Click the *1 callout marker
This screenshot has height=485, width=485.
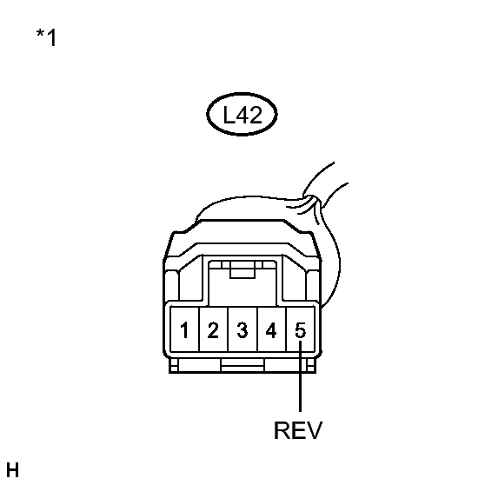click(x=46, y=37)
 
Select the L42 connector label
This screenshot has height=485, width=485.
click(x=242, y=115)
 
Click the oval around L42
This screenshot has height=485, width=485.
click(x=242, y=93)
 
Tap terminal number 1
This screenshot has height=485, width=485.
click(x=184, y=330)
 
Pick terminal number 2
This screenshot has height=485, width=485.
click(x=213, y=330)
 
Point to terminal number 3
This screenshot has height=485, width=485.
click(x=242, y=330)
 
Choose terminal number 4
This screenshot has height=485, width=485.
click(x=271, y=330)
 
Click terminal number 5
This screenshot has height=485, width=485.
click(x=300, y=330)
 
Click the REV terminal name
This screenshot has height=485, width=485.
click(x=298, y=430)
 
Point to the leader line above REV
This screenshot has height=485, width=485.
click(x=300, y=376)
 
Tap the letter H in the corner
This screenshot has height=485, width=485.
click(x=13, y=470)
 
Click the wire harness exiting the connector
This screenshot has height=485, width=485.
click(x=328, y=235)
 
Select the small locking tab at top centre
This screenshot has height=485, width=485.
click(x=242, y=269)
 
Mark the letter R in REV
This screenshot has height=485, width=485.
click(x=282, y=430)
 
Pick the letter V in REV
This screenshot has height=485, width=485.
click(x=315, y=430)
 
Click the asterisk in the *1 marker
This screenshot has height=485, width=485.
click(x=40, y=33)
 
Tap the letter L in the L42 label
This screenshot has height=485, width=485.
click(x=229, y=115)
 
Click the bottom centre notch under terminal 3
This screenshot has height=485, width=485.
click(x=242, y=365)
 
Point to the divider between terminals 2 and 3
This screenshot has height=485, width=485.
click(x=228, y=329)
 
